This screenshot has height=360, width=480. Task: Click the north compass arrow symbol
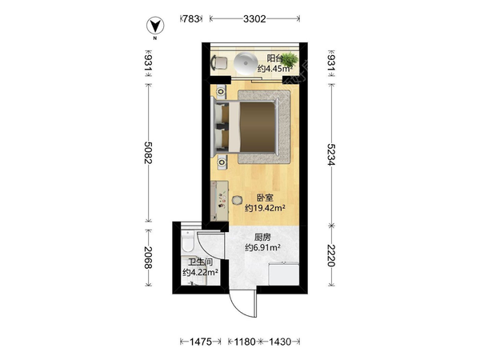155,26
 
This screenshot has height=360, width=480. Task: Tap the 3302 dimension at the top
254,19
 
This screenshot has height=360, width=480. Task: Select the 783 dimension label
190,19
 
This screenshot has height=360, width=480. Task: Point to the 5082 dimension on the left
148,153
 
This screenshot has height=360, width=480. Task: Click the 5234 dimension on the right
331,154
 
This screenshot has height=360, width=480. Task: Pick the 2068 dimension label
148,258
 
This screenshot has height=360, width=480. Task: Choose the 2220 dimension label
331,256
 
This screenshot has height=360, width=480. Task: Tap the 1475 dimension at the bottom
201,342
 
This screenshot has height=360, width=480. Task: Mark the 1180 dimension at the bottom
245,342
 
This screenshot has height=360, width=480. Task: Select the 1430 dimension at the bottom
280,342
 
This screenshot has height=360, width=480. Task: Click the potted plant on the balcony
289,58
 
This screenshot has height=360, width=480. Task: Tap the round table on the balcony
246,63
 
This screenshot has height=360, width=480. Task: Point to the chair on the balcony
219,62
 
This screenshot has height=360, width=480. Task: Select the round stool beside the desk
237,201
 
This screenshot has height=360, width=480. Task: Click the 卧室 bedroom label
265,198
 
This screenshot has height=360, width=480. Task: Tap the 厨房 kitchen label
262,238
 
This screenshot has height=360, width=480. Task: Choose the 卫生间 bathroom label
200,262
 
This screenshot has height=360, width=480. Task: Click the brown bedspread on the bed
257,127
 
